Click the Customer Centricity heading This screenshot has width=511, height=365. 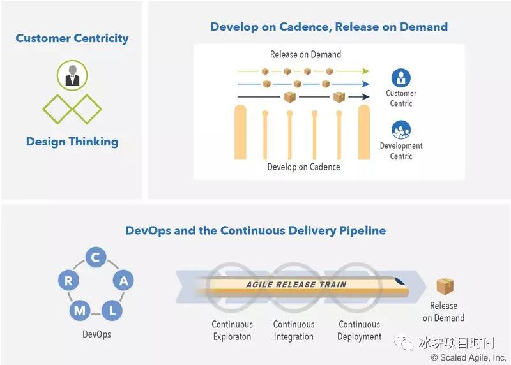(72, 38)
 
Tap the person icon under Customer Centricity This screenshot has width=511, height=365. (72, 75)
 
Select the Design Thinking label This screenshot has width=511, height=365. (72, 142)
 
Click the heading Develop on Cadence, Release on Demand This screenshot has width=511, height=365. (329, 27)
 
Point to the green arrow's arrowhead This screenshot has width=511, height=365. (366, 71)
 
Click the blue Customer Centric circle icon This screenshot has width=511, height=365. (400, 78)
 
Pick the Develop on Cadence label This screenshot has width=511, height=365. (303, 167)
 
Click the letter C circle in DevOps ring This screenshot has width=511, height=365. (95, 258)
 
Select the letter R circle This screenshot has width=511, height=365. (68, 279)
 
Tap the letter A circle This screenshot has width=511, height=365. (124, 279)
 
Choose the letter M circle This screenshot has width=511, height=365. (80, 311)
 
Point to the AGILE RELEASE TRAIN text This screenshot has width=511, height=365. (296, 285)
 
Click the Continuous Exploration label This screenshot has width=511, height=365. (233, 331)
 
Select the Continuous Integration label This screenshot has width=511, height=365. (294, 331)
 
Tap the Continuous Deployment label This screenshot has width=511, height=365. (359, 331)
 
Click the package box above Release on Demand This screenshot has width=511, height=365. (445, 287)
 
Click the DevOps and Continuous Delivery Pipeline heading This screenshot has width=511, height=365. (256, 230)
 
